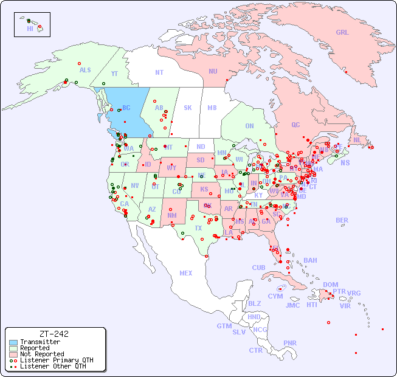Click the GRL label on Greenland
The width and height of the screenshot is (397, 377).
coord(342,33)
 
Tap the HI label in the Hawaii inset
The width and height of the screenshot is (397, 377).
coord(30,29)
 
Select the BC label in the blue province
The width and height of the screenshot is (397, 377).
coord(126,108)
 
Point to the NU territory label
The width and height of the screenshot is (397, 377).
coord(213,71)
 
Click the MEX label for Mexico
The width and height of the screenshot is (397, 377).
coord(186,273)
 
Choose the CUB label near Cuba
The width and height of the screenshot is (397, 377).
coord(259,268)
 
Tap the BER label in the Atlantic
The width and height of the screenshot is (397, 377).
coord(342,220)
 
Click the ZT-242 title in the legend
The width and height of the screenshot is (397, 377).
coord(54,334)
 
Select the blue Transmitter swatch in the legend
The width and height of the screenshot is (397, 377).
coord(13,342)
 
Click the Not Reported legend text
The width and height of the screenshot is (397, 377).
coord(42,354)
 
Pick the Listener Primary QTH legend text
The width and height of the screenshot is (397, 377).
coord(57,360)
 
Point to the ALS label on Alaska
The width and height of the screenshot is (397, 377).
coord(85,70)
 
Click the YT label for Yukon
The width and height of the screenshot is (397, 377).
coord(114,74)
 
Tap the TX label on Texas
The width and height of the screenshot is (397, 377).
coord(198,228)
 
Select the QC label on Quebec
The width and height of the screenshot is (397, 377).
coord(295,125)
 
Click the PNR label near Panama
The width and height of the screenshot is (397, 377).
coord(290,343)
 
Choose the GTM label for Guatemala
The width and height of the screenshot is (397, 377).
coord(224,326)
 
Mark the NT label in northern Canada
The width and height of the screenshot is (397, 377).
coord(159,72)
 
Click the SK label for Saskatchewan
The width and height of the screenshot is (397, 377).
coord(188,108)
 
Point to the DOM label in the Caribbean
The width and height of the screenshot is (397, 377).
coord(331,285)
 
